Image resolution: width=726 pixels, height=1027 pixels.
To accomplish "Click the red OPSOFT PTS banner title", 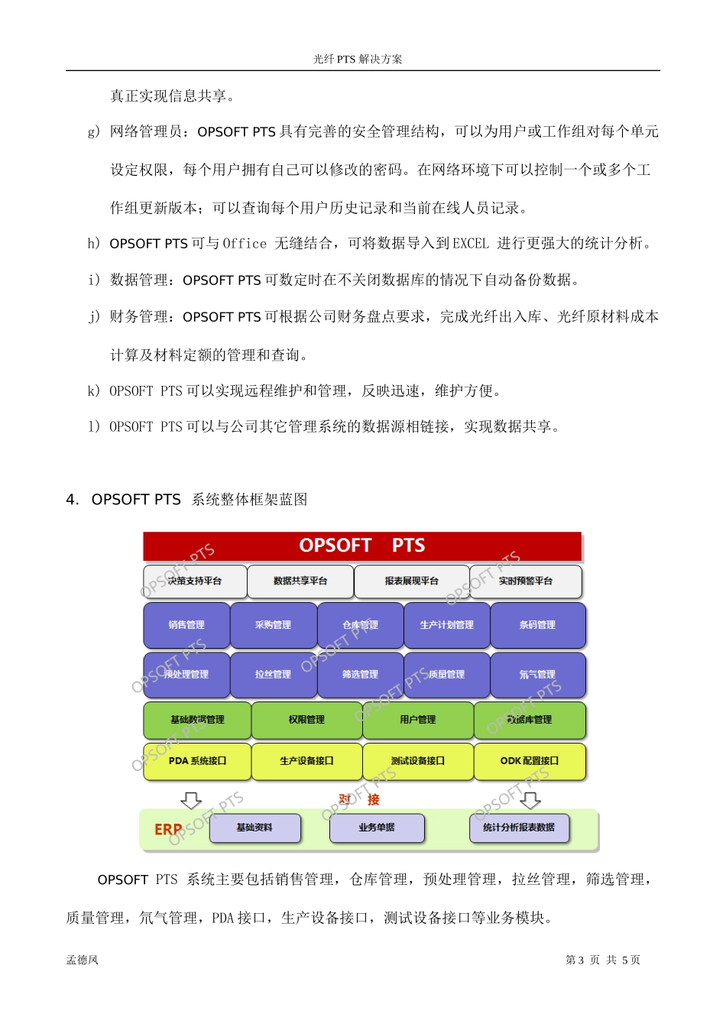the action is point(361,546).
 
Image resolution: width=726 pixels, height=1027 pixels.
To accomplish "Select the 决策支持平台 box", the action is point(195,582).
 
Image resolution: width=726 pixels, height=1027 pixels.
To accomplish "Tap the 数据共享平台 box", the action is point(300,582).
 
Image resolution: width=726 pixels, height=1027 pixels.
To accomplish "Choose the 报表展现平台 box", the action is point(412,582).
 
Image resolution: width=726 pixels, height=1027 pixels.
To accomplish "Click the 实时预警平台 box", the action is point(526,582).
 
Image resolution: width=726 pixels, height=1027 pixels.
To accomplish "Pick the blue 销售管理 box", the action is point(186,625).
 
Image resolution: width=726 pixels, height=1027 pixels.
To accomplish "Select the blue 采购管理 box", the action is point(274,625).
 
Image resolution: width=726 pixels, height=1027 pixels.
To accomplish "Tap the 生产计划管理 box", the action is point(447,625).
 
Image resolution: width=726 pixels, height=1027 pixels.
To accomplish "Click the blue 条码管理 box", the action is point(537,625).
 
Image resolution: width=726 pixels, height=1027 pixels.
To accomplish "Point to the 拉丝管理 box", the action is point(274,675).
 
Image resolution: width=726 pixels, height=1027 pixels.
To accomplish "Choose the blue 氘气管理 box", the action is point(537,675).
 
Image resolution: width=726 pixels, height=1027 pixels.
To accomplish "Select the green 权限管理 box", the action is point(306,720).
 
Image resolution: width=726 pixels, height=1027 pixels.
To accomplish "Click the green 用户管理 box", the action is point(418,720).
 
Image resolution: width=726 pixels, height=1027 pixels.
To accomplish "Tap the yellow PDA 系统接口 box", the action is point(197,761).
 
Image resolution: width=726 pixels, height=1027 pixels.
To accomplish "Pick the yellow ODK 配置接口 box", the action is point(530,761).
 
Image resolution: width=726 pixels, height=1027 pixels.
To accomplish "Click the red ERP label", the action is point(168,829).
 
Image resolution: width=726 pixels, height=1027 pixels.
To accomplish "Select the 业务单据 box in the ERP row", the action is point(377,828).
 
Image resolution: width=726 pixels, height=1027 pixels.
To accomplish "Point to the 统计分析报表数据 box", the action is point(519,828).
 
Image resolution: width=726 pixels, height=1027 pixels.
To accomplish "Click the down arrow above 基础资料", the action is point(191,800).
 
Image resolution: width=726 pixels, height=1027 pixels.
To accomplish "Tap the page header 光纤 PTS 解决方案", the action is point(358,59).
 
